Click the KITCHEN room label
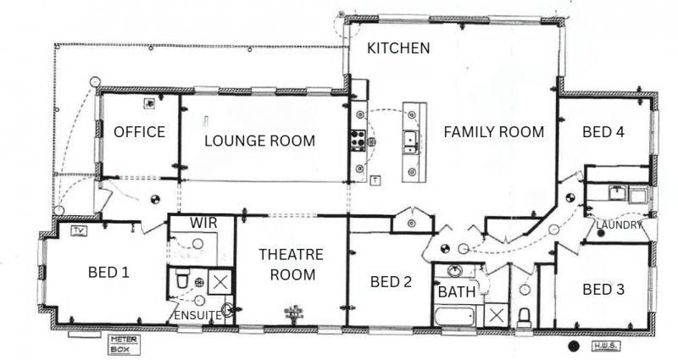point(398,48)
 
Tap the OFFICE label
point(139,131)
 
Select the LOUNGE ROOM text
point(259,141)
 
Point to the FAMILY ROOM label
point(494,131)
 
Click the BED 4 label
point(603,131)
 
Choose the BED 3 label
point(603,289)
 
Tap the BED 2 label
point(391,282)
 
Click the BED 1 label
point(108,272)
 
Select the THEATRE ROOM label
point(292,264)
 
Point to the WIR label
point(203,223)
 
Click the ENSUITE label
point(197,316)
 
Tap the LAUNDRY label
point(619,225)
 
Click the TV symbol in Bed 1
point(78,230)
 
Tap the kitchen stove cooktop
point(358,140)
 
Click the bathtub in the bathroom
point(455,317)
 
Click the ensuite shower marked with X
point(220,282)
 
